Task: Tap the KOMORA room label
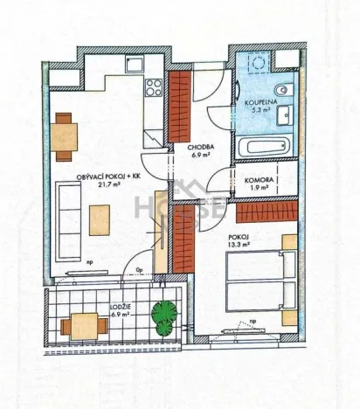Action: click(261, 179)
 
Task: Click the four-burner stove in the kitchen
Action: click(153, 87)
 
